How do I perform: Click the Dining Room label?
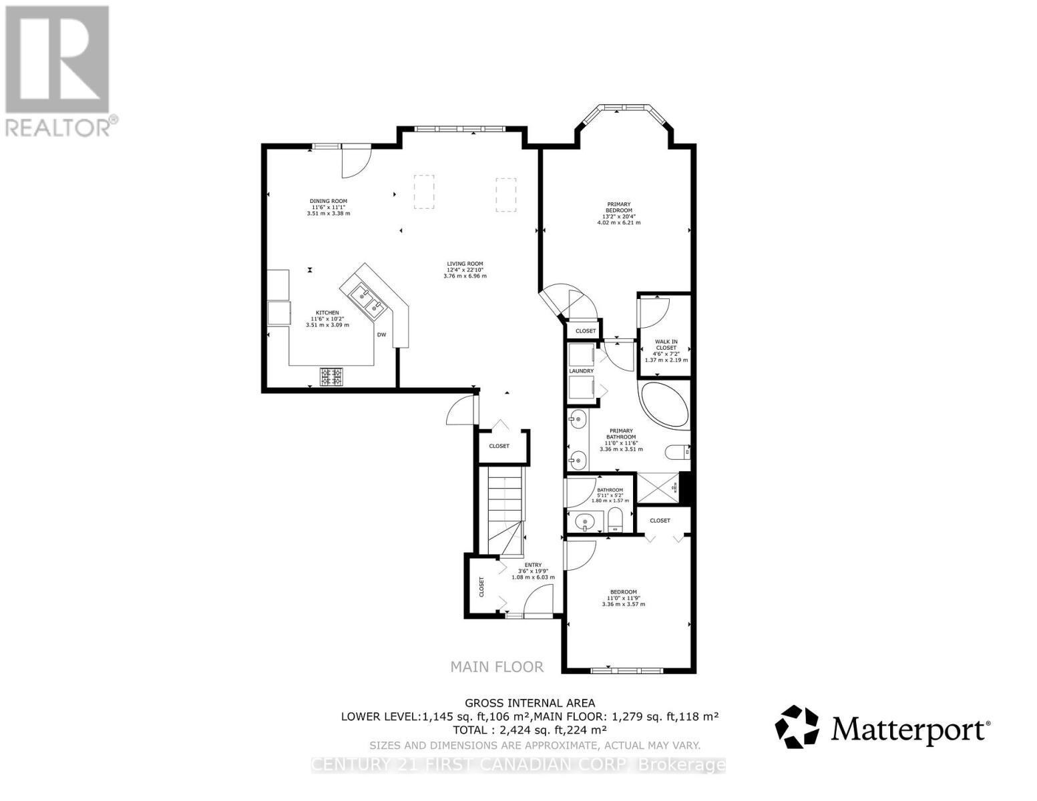coord(328,207)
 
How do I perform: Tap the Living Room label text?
coord(465,269)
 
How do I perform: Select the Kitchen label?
coord(327,318)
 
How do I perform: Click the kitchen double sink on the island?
coord(366,298)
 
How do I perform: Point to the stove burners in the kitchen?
coord(332,377)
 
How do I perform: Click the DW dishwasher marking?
coord(381,334)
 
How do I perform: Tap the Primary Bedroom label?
coord(618,213)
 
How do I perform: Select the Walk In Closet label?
coord(666,350)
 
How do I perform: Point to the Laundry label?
coord(581,370)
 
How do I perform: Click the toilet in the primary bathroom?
coord(678,452)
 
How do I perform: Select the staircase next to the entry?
coord(504,511)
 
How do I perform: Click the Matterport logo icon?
coord(796,726)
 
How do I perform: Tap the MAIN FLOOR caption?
coord(496,666)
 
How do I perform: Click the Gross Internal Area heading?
coord(530,702)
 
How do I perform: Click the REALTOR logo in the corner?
coord(59,70)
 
